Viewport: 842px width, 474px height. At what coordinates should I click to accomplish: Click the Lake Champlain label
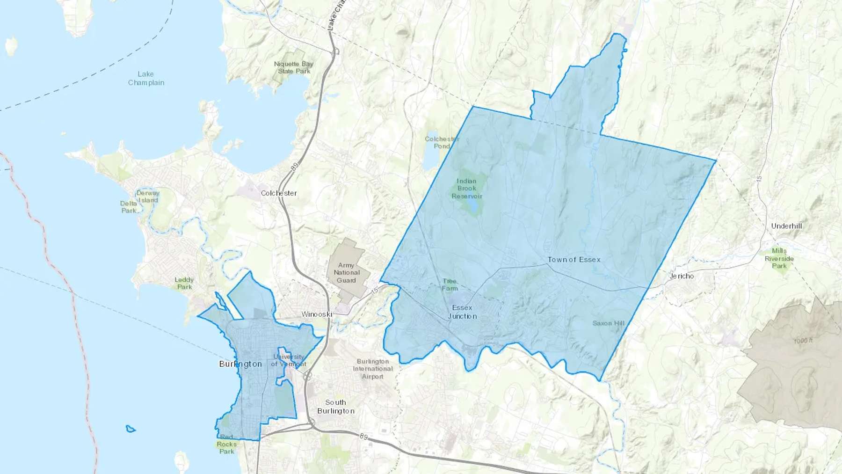tap(146, 78)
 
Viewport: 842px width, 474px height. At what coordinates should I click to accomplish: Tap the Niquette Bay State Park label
tap(294, 67)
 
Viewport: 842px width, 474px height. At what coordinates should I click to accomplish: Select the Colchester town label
tap(279, 193)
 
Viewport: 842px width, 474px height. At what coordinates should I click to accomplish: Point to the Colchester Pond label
tap(442, 142)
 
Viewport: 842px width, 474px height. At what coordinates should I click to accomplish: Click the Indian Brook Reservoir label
tap(466, 189)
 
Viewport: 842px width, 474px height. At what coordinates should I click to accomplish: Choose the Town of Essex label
tap(574, 259)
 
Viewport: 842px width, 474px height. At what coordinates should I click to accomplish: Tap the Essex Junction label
tap(462, 312)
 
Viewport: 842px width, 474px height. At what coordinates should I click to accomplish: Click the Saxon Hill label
tap(608, 323)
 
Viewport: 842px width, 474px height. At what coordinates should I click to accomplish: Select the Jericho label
tap(682, 276)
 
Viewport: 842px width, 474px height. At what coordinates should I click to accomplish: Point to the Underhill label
tap(786, 226)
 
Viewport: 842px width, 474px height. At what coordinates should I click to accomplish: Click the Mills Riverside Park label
tap(779, 258)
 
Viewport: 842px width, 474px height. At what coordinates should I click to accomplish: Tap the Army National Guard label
tap(347, 273)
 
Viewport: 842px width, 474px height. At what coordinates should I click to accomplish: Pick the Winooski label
tap(317, 314)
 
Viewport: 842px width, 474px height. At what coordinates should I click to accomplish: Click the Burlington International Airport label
tap(373, 369)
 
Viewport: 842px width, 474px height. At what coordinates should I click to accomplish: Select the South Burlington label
tap(336, 407)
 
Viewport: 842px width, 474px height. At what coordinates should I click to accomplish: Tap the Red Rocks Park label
tap(227, 444)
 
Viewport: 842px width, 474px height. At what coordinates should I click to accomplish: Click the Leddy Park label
tap(184, 283)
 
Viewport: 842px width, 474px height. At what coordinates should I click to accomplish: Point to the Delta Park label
tap(129, 207)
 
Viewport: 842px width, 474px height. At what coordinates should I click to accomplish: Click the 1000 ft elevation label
tap(803, 341)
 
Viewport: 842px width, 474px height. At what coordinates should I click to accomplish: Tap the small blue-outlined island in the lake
tap(131, 429)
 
